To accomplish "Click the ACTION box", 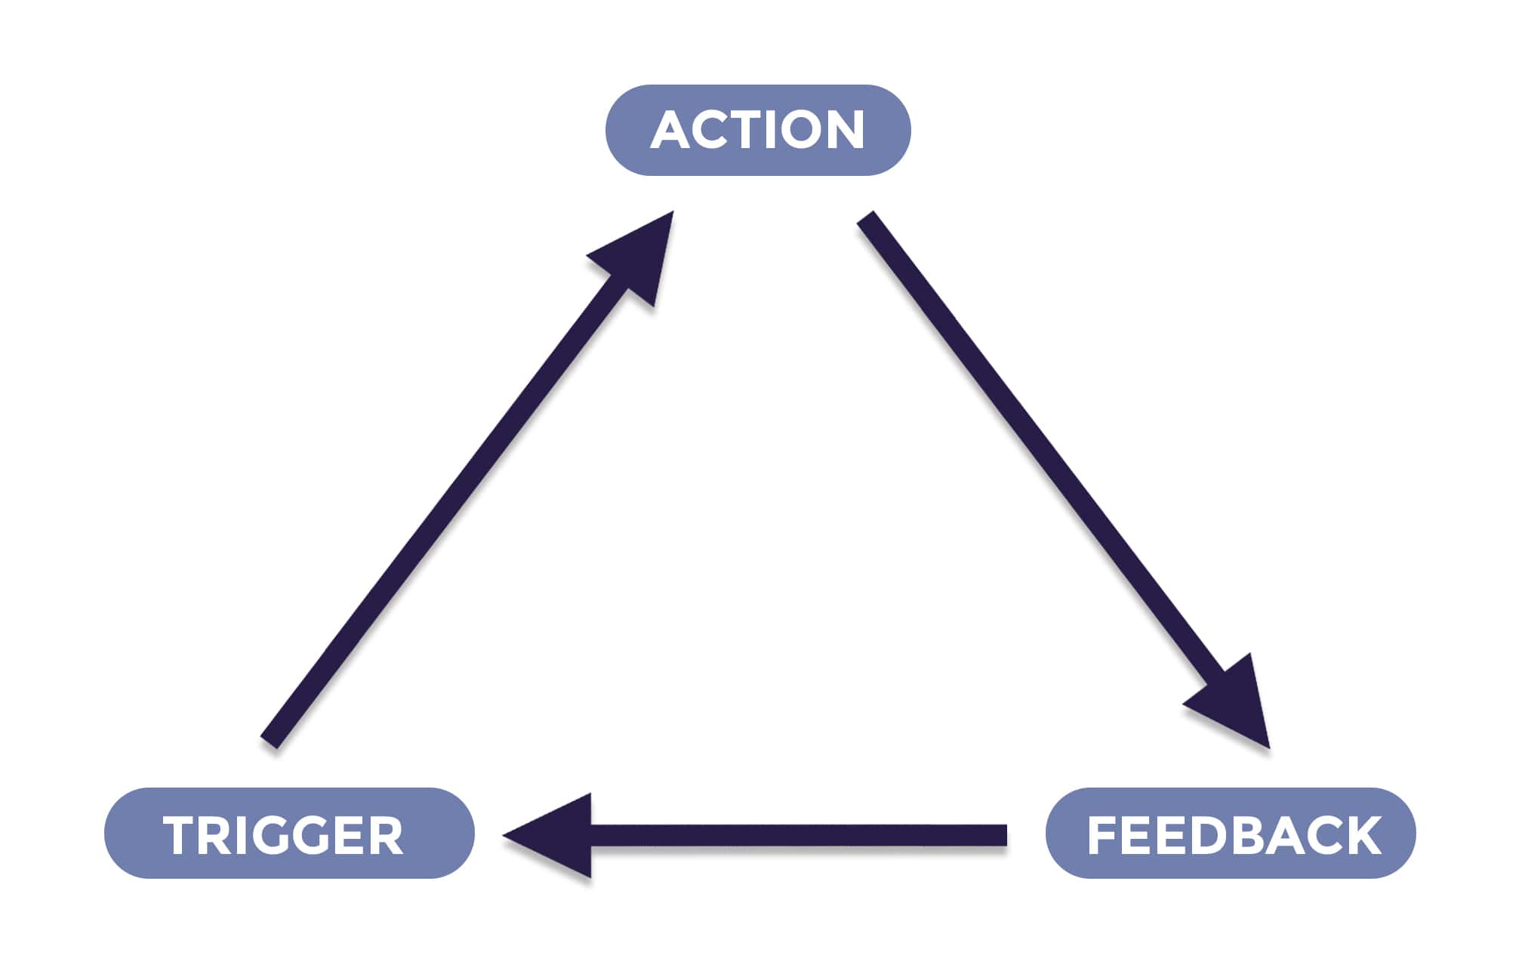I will click(758, 130).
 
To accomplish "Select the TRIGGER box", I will click(289, 834).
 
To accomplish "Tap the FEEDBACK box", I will click(1230, 834).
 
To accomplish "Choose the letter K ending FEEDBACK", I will click(1363, 836).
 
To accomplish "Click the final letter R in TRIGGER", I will click(387, 836).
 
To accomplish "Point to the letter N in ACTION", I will click(844, 131).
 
